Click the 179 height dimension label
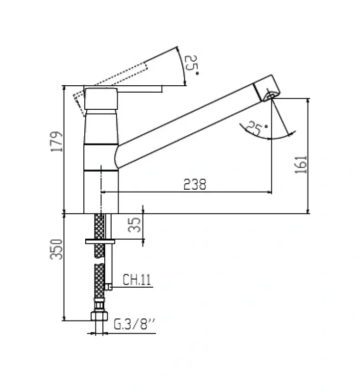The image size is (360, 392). tap(58, 142)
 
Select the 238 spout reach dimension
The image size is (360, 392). tap(194, 184)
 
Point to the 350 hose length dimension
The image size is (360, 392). tap(58, 250)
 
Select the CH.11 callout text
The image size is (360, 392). tap(136, 280)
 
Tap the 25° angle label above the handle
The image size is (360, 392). tap(191, 65)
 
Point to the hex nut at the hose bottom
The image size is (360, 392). tap(99, 315)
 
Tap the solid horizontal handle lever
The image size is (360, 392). tap(140, 89)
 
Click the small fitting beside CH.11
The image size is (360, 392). tap(109, 287)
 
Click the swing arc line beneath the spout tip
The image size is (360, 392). tap(274, 137)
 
